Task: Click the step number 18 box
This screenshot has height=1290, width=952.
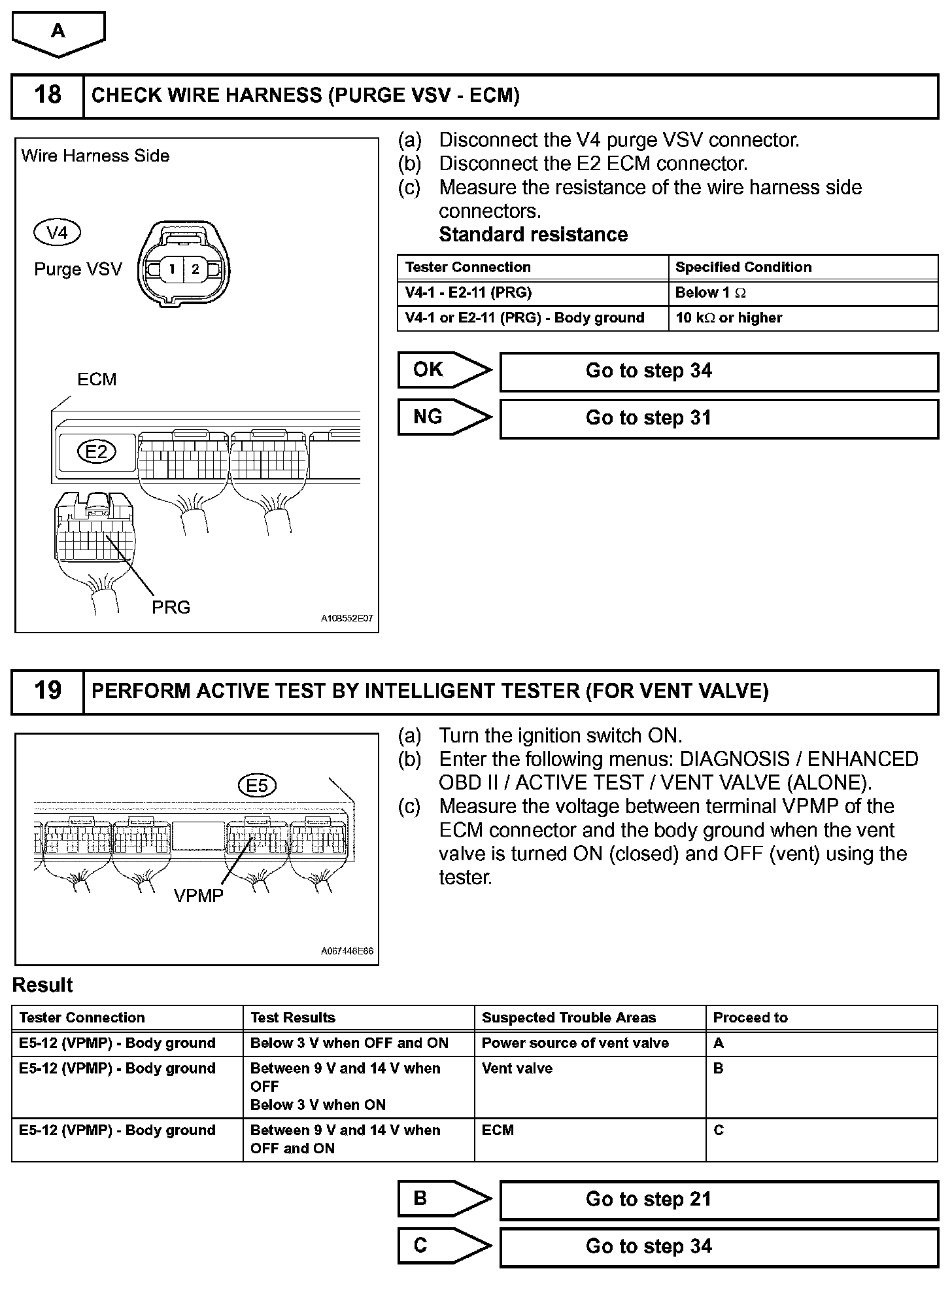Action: coord(48,96)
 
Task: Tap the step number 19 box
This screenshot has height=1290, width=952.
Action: coord(48,691)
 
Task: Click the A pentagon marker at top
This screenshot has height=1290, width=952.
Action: coord(58,32)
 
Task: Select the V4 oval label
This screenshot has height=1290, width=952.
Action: coord(57,233)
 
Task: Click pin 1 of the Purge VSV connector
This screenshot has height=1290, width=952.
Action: coord(172,269)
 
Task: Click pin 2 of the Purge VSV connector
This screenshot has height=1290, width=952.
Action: coord(195,269)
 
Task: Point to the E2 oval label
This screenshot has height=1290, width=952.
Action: coord(97,451)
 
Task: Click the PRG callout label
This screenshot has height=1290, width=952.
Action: coord(171,608)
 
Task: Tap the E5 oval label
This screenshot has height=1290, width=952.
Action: coord(257,786)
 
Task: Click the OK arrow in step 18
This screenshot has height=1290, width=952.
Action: coord(444,370)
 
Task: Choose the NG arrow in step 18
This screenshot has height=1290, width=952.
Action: coord(444,417)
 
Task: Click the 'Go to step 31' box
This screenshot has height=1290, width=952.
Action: coord(719,418)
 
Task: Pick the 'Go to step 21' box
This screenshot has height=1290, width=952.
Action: coord(719,1199)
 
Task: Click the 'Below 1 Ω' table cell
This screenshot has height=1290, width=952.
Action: coord(803,293)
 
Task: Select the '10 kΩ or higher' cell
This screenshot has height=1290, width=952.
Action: coord(803,318)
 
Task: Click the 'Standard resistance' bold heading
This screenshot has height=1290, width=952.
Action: coord(533,235)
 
